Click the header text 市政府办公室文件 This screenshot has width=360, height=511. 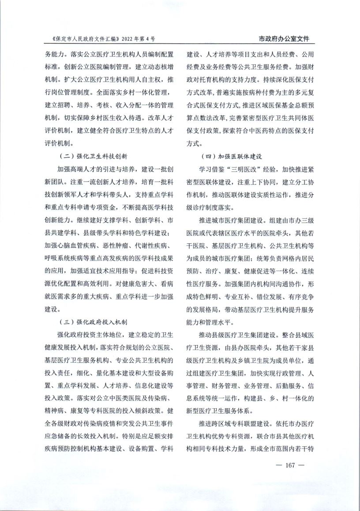pos(283,39)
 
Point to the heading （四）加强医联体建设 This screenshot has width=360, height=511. pos(231,156)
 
